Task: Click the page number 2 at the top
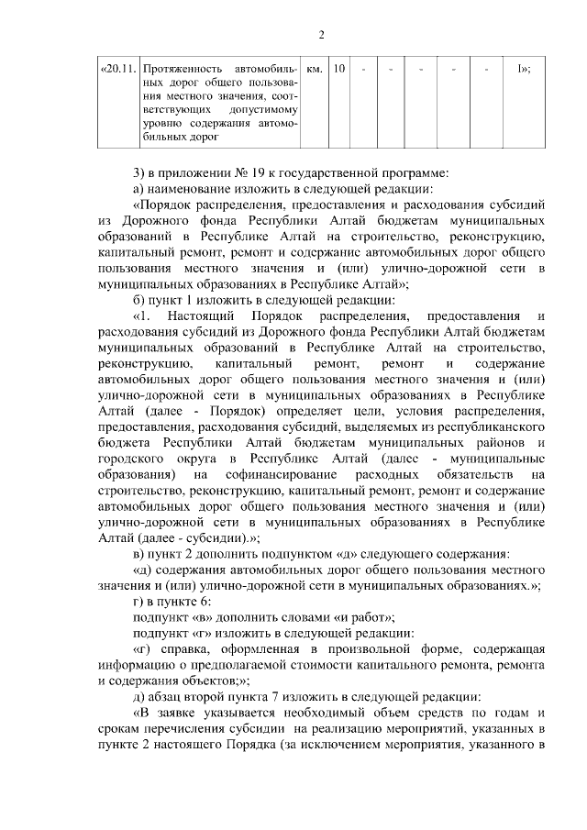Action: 321,35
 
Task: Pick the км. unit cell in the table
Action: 314,69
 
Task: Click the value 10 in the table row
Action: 339,69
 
